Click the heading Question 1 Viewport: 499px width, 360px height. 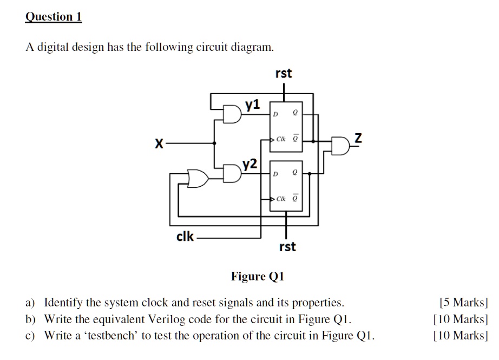click(x=54, y=17)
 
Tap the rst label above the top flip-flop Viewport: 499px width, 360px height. click(x=284, y=73)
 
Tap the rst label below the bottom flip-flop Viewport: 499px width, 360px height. click(x=287, y=247)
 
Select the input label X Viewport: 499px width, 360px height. click(x=159, y=144)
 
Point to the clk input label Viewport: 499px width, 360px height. click(x=185, y=237)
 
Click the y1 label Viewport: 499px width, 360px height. click(x=253, y=104)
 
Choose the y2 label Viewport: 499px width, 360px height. click(x=250, y=163)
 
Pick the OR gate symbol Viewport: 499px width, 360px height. click(x=198, y=178)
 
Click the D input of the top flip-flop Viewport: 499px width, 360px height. click(x=275, y=114)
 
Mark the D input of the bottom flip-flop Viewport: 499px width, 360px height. click(x=275, y=174)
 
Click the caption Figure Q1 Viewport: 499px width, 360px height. click(x=258, y=277)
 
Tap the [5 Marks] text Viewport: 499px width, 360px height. click(x=464, y=302)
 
